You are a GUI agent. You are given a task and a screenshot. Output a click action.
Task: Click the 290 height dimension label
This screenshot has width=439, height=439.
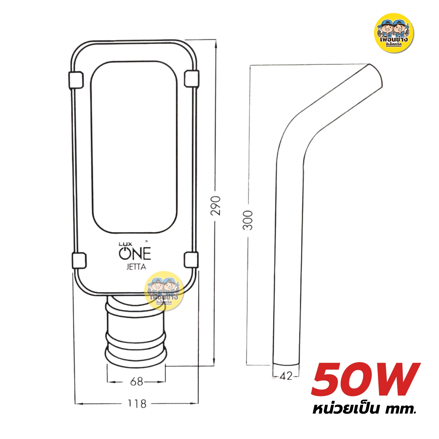[216, 205]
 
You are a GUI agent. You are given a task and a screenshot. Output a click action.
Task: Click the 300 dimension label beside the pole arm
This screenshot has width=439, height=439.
[248, 220]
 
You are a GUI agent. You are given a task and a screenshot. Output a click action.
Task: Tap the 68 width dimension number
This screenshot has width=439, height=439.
[136, 381]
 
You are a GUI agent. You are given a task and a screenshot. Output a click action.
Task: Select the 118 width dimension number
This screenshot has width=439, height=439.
[137, 404]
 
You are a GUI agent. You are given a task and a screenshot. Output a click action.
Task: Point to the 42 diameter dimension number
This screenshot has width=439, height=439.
[286, 376]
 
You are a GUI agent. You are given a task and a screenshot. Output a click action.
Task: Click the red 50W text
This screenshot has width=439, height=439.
[366, 380]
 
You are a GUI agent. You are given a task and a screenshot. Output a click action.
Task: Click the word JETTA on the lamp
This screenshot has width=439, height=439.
[136, 267]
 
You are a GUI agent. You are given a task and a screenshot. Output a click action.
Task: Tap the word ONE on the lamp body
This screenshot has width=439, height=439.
[135, 254]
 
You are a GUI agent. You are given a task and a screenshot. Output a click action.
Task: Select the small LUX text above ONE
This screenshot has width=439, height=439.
[125, 244]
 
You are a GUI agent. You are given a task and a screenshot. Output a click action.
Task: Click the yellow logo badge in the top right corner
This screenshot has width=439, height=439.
[394, 33]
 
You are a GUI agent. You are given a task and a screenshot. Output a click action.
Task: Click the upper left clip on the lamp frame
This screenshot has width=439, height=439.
[76, 80]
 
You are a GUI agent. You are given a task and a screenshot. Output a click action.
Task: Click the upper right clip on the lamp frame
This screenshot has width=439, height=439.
[191, 78]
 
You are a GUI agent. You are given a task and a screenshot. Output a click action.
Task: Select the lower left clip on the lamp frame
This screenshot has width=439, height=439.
[79, 260]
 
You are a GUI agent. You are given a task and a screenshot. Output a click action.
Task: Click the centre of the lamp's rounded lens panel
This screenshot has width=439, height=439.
[134, 147]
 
